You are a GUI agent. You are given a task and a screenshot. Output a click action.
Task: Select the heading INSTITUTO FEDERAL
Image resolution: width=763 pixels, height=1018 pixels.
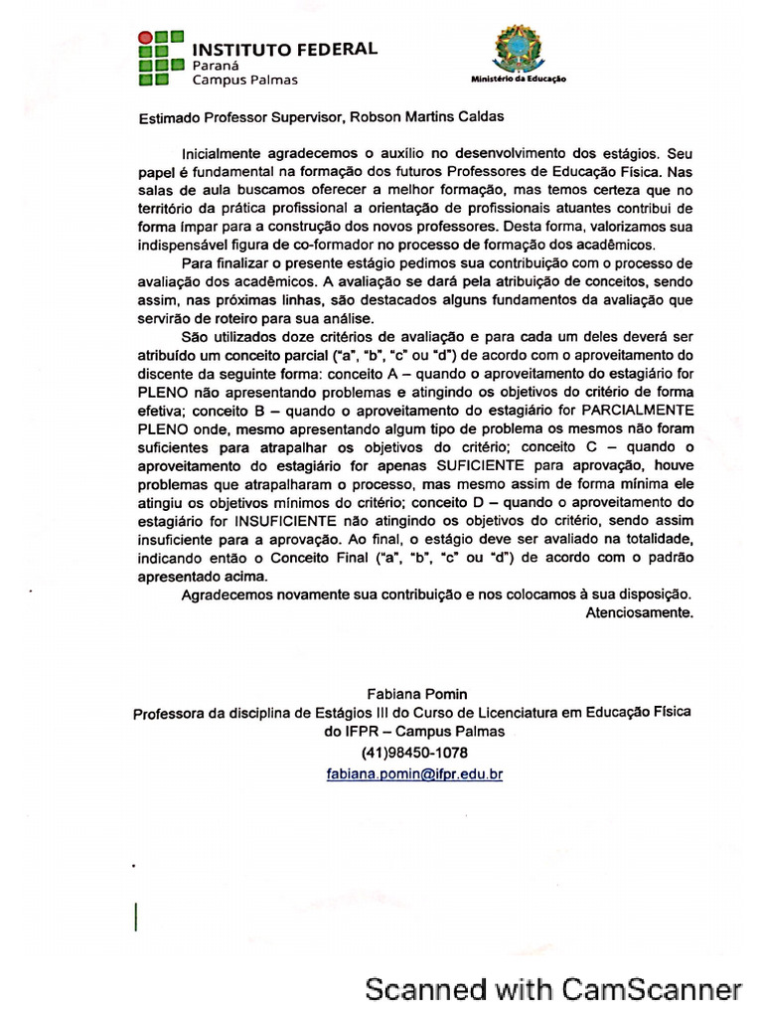[x=284, y=48]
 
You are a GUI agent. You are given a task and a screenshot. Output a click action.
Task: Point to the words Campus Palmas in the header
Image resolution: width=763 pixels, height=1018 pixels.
[x=244, y=80]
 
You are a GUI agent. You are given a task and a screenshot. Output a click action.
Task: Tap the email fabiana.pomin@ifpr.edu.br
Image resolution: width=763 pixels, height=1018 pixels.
[x=414, y=772]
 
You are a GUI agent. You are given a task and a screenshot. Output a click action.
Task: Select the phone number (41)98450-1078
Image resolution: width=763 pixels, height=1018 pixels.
[x=414, y=752]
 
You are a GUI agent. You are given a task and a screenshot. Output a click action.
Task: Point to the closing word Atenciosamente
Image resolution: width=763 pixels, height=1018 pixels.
[x=639, y=612]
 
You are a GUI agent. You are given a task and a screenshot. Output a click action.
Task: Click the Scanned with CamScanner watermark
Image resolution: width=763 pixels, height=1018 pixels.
[x=553, y=990]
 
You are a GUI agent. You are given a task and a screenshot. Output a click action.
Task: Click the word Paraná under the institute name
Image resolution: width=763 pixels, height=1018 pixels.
[x=216, y=65]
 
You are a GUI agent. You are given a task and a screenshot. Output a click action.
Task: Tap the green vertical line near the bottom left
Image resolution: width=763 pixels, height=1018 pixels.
[x=136, y=916]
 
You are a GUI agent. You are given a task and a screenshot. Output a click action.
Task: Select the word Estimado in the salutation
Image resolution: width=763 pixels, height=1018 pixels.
[x=167, y=116]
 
